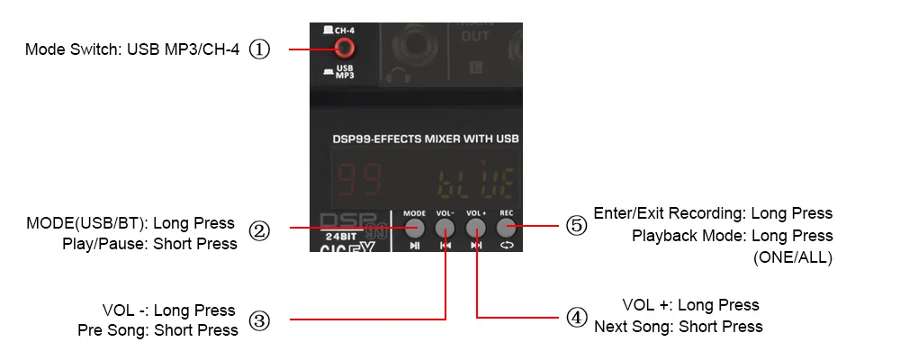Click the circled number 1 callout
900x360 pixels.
pyautogui.click(x=259, y=49)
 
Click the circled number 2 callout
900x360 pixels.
pyautogui.click(x=259, y=231)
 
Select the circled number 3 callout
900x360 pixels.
pyautogui.click(x=259, y=320)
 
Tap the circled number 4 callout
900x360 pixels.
pyautogui.click(x=576, y=317)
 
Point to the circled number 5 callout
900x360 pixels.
pyautogui.click(x=576, y=225)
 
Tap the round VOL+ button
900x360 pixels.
pyautogui.click(x=475, y=227)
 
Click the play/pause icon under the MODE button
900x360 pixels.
pyautogui.click(x=414, y=245)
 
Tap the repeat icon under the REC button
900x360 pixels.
pyautogui.click(x=507, y=245)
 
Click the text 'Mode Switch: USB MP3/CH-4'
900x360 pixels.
pyautogui.click(x=132, y=49)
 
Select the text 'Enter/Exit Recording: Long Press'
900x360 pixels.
pyautogui.click(x=713, y=213)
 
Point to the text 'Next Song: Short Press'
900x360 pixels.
pyautogui.click(x=678, y=327)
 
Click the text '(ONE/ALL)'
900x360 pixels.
pyautogui.click(x=793, y=258)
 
